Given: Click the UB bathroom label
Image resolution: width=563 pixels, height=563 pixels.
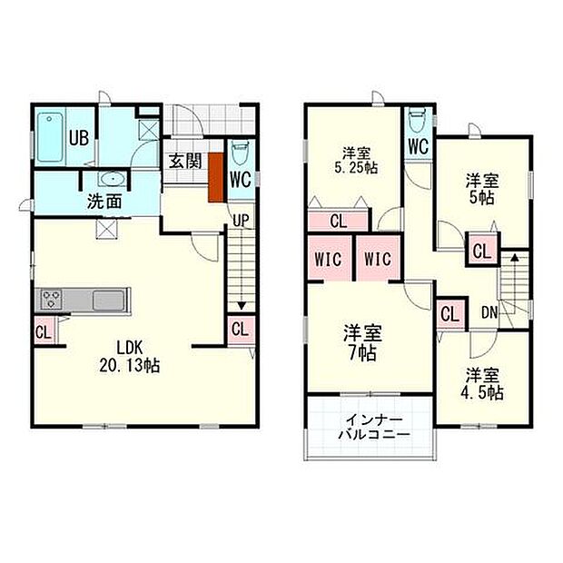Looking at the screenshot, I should pyautogui.click(x=79, y=139).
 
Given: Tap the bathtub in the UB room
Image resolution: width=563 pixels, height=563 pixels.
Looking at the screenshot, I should pyautogui.click(x=50, y=136).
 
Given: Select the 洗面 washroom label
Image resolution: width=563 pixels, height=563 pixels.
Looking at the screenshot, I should pyautogui.click(x=104, y=202).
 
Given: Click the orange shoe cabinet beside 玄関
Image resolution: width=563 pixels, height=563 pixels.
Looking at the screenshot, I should pyautogui.click(x=216, y=177).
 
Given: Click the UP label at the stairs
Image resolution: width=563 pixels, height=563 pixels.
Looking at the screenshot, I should pyautogui.click(x=240, y=219).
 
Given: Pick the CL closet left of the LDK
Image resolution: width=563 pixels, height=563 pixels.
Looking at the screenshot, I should pyautogui.click(x=43, y=332).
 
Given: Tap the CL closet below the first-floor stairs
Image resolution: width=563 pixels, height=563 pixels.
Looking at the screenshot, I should pyautogui.click(x=241, y=329).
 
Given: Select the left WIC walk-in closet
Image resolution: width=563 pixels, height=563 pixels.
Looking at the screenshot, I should pyautogui.click(x=329, y=259).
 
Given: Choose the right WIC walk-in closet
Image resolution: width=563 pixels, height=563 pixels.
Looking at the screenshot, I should pyautogui.click(x=377, y=259).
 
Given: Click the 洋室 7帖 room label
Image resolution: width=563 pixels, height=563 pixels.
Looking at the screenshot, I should pyautogui.click(x=360, y=340).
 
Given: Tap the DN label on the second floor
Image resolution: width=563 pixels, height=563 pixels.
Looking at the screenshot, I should pyautogui.click(x=489, y=311).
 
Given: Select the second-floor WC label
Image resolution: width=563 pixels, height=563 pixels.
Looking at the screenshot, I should pyautogui.click(x=418, y=145).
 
